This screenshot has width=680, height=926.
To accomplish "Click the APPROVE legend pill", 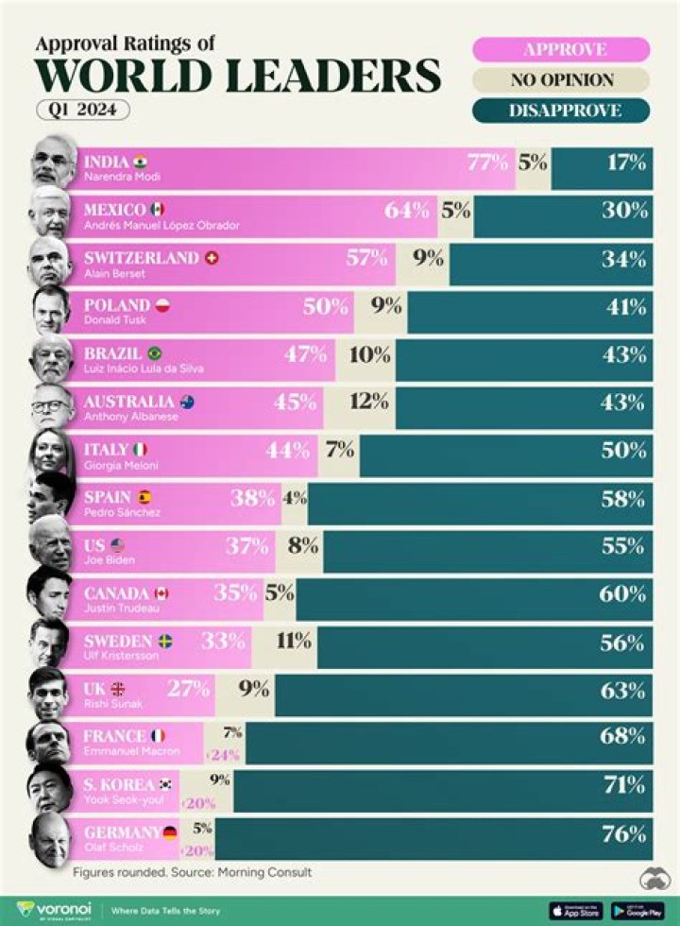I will [561, 49].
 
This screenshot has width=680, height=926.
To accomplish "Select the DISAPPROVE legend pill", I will [561, 111].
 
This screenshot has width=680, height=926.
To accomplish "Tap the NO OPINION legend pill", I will [561, 80].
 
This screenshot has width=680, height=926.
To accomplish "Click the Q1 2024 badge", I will [83, 110].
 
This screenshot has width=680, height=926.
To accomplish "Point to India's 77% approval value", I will [487, 162].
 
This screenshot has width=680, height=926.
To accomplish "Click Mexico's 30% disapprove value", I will [624, 210].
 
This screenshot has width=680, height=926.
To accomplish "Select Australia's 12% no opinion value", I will [369, 402].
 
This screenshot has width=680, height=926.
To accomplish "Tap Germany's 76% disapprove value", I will [624, 834].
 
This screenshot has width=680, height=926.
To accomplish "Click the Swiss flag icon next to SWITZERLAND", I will [212, 258].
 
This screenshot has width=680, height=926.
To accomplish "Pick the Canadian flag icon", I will [161, 593].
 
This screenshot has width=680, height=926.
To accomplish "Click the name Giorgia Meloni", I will [121, 466].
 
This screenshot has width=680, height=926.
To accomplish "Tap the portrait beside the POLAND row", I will [50, 309].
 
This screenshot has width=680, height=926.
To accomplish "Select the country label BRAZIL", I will [112, 353].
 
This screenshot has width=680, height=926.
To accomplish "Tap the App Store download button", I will [576, 910].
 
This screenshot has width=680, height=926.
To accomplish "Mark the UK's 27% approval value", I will [189, 689].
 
